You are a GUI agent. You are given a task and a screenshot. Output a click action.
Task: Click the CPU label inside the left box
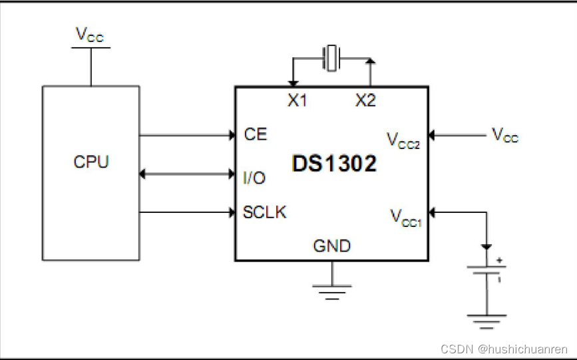pyautogui.click(x=91, y=162)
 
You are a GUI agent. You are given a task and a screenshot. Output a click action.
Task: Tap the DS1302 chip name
pyautogui.click(x=333, y=163)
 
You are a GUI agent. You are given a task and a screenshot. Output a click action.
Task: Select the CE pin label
pyautogui.click(x=256, y=134)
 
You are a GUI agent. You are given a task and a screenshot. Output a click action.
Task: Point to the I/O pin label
pyautogui.click(x=254, y=177)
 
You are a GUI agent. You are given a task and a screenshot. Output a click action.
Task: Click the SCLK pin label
pyautogui.click(x=265, y=212)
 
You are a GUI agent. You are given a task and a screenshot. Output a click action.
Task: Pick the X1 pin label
pyautogui.click(x=297, y=100)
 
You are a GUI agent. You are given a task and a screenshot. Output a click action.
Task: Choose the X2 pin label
pyautogui.click(x=365, y=100)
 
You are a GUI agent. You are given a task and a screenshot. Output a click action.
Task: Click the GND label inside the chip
pyautogui.click(x=332, y=246)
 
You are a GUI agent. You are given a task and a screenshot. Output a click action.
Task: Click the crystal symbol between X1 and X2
pyautogui.click(x=331, y=57)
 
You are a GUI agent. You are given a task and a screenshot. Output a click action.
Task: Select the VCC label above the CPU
pyautogui.click(x=90, y=35)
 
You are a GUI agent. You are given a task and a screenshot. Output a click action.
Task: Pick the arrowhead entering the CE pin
pyautogui.click(x=231, y=135)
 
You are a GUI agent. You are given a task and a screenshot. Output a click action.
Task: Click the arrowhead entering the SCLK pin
pyautogui.click(x=231, y=213)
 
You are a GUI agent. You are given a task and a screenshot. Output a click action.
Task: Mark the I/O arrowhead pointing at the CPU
pyautogui.click(x=143, y=174)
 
